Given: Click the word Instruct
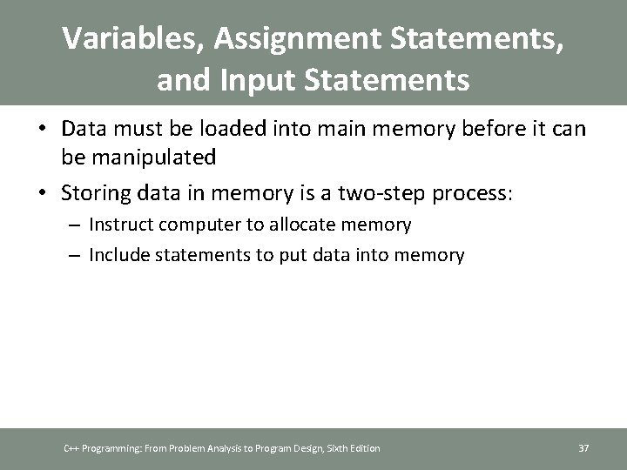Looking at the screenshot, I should (x=121, y=225).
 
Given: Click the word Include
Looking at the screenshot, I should (x=118, y=255).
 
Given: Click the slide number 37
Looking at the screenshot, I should (x=584, y=448).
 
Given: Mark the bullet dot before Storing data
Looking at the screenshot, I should (x=43, y=193).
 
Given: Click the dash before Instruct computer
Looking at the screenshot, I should (x=76, y=225).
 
